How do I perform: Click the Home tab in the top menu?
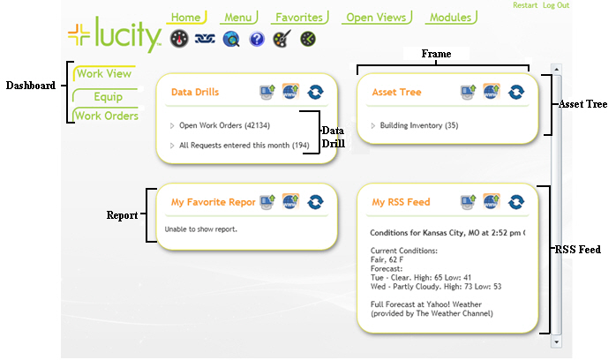(185, 17)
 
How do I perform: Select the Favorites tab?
(299, 17)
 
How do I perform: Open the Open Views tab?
(377, 17)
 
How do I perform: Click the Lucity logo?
(115, 36)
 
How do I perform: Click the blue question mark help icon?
(257, 39)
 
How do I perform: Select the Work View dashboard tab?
(104, 74)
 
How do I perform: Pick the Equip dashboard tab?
(108, 96)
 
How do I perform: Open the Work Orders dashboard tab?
(106, 116)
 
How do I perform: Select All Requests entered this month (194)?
(244, 145)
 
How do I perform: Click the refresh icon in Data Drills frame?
(315, 92)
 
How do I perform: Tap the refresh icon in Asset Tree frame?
(516, 92)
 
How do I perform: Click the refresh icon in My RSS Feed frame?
(516, 202)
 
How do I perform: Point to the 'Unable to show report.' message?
(201, 229)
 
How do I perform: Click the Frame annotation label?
(436, 54)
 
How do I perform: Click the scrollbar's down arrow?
(557, 341)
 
